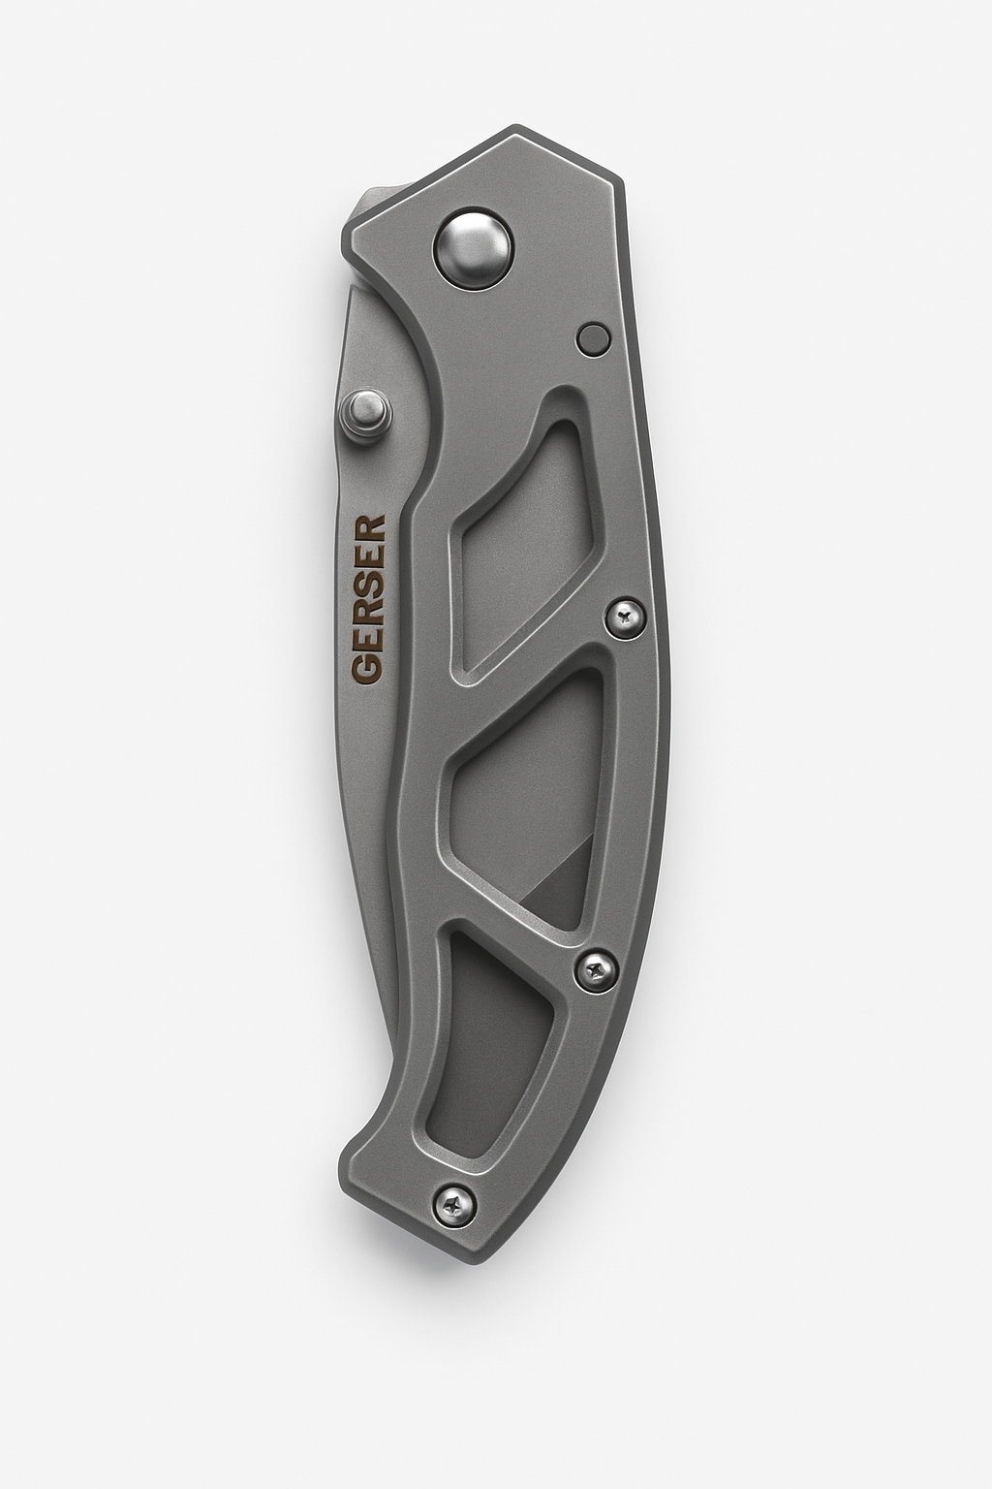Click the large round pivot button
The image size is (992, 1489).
(x=474, y=247)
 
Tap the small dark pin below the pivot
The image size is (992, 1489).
(x=593, y=338)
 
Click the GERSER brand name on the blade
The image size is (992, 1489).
(x=368, y=598)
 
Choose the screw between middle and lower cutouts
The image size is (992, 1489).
(x=594, y=965)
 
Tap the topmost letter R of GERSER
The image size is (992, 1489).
(x=368, y=530)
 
